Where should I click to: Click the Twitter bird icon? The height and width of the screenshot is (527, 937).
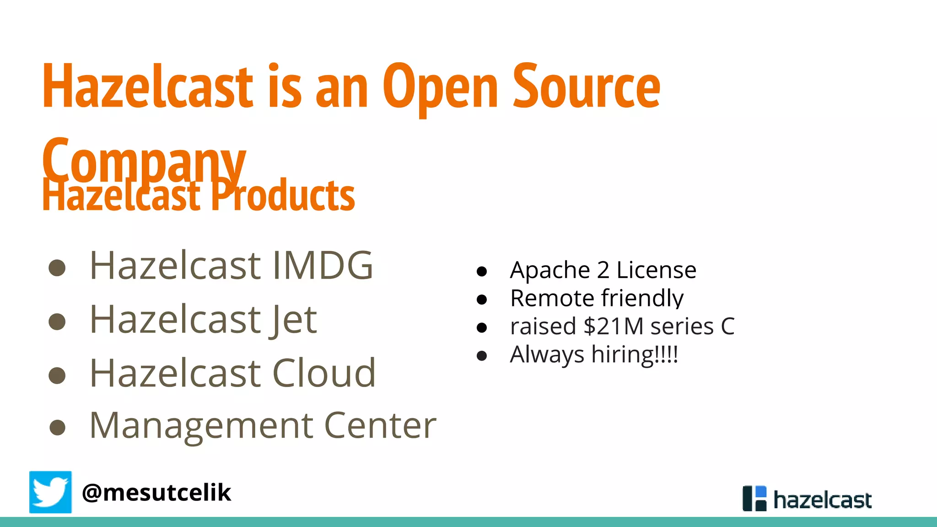coord(50,492)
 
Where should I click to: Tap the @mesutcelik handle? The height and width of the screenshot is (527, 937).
coord(156,493)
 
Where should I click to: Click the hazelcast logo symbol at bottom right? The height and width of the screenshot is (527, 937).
coord(754,498)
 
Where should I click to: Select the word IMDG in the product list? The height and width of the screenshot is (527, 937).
coord(323,265)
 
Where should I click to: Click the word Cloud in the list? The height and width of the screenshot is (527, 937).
coord(324,373)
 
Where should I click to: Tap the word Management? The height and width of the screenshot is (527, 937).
coord(200,426)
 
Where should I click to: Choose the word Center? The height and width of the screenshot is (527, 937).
coord(380,426)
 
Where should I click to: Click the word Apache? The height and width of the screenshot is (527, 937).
coord(550,270)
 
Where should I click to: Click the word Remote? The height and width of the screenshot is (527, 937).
coord(552,298)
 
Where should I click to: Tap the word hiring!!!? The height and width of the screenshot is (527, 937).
coord(635,355)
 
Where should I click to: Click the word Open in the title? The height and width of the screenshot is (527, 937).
coord(440,88)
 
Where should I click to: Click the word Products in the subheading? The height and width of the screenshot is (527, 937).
coord(282,196)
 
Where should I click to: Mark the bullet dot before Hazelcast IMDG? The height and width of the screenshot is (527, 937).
coord(57,268)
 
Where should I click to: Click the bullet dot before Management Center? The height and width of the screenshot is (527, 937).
coord(57,427)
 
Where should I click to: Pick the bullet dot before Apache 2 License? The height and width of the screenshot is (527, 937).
coord(481,272)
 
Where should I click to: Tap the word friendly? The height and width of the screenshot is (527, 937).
coord(642,298)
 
